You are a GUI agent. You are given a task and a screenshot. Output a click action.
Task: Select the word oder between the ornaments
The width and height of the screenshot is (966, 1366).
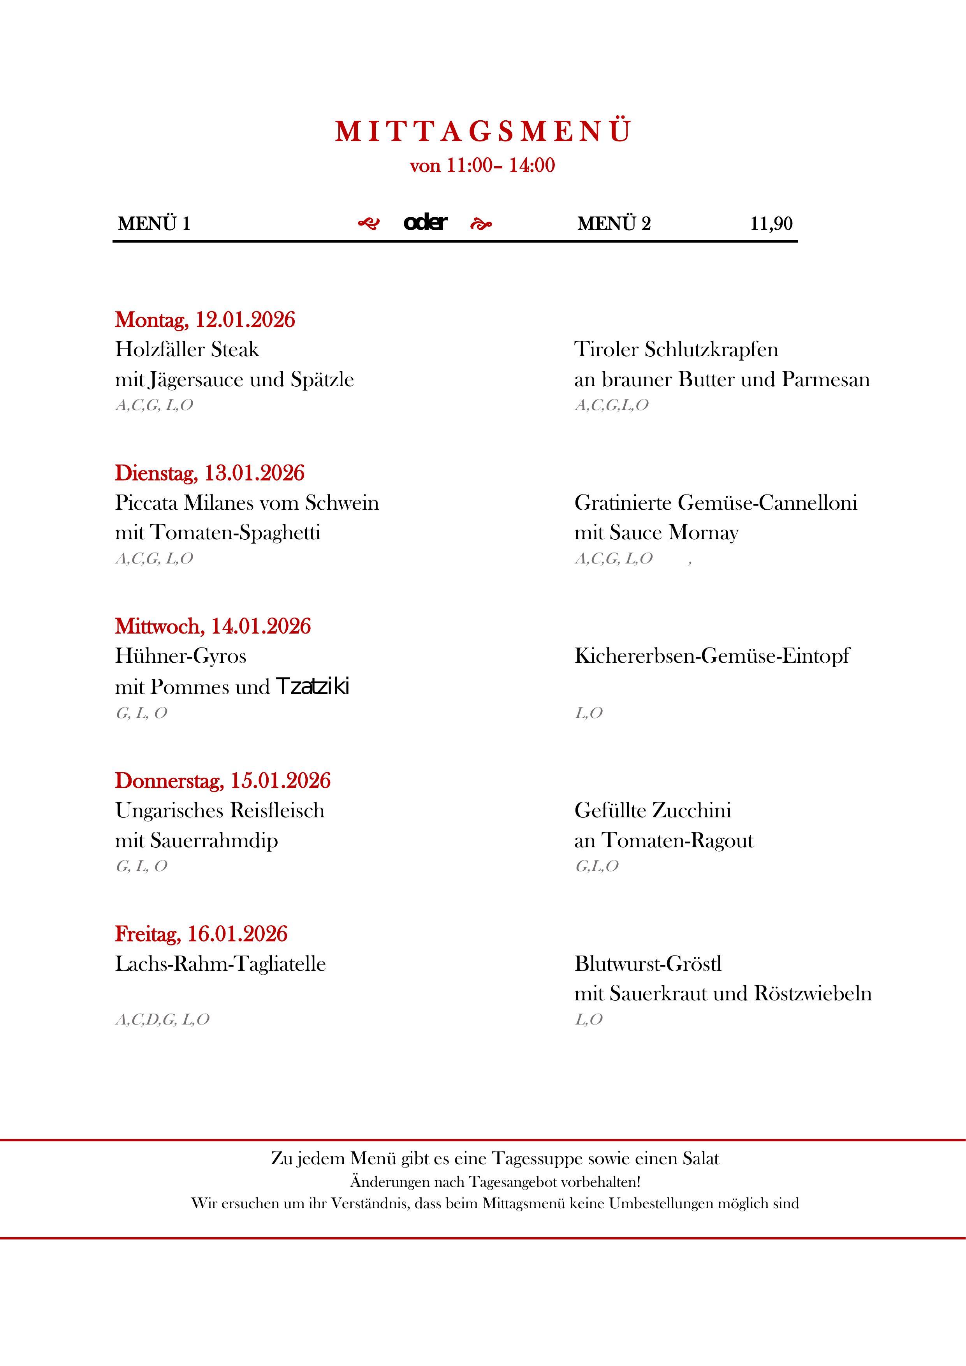(425, 222)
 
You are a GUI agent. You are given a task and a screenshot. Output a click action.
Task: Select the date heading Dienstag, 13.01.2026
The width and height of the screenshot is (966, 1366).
(209, 473)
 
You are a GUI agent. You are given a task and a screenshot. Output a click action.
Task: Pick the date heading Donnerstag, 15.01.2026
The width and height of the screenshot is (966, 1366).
(222, 781)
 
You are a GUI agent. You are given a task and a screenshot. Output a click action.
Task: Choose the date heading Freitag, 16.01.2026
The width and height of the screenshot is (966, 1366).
(201, 934)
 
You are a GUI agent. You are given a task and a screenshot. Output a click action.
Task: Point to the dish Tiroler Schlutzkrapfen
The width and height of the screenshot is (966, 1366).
(676, 349)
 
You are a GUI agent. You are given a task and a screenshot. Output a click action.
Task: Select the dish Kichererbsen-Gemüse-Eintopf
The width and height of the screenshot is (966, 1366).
(711, 656)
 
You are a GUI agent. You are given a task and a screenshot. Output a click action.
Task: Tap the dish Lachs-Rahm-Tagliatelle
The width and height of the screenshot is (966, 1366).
(220, 964)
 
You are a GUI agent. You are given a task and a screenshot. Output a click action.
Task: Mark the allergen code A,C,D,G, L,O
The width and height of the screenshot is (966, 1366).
(162, 1020)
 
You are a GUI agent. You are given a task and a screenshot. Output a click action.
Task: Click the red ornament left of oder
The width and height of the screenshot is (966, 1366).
(368, 224)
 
